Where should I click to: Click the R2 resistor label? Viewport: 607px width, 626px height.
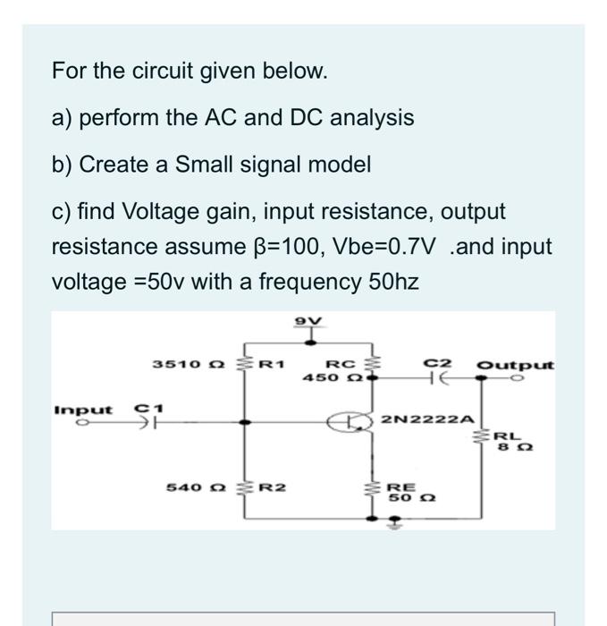(272, 486)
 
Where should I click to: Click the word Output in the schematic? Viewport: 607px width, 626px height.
(516, 365)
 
